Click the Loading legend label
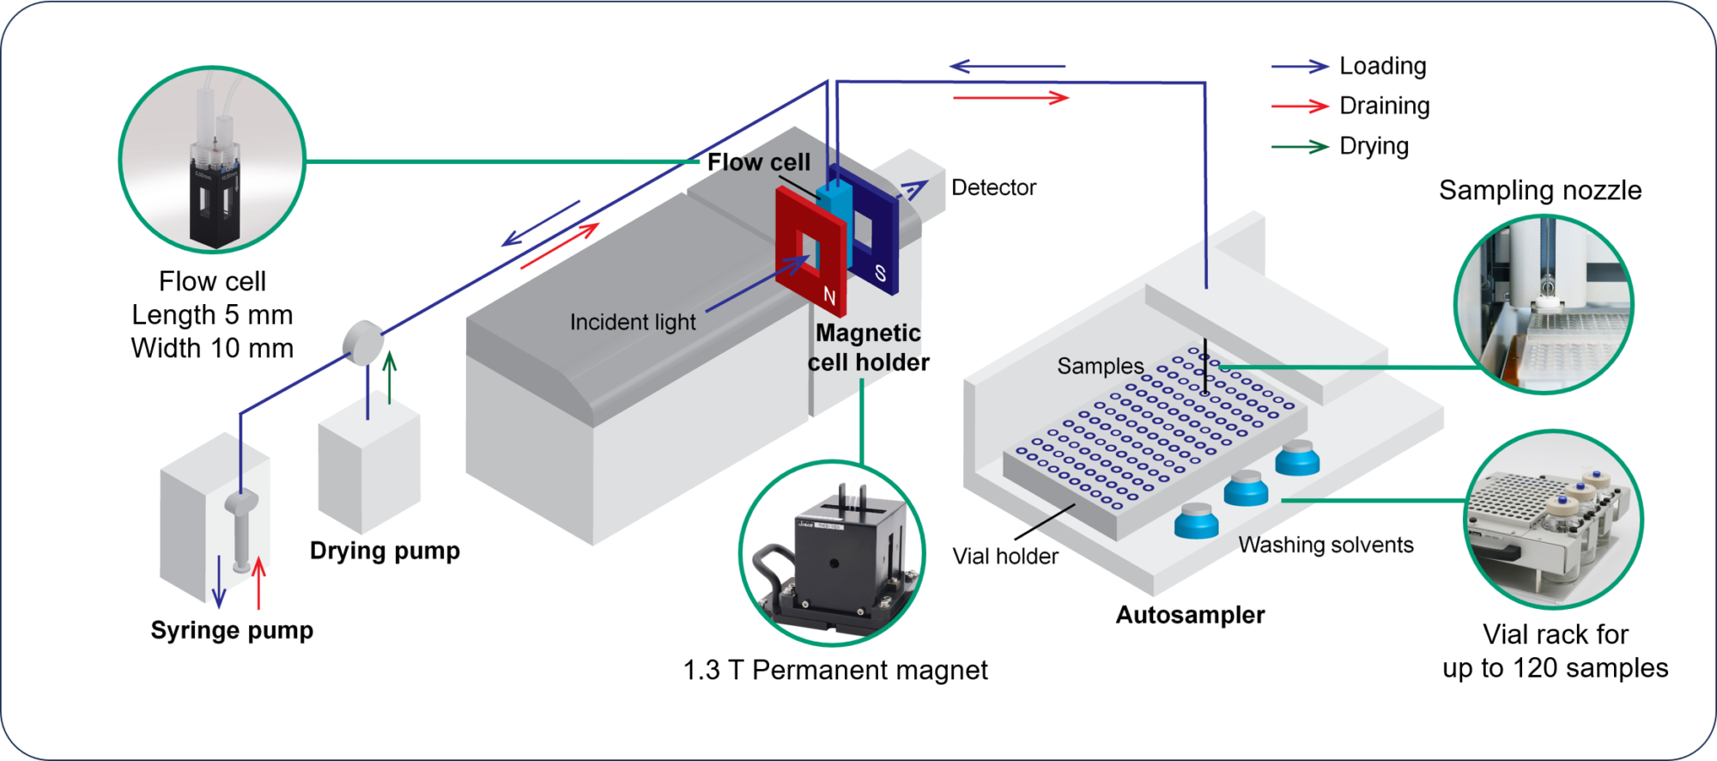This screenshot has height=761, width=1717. click(x=1382, y=66)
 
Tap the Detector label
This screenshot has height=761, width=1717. click(x=993, y=187)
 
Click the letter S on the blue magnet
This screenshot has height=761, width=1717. click(x=880, y=274)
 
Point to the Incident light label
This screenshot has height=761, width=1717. click(x=633, y=322)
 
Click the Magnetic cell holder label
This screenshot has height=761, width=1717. click(x=868, y=347)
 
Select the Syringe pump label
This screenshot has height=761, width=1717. click(x=232, y=630)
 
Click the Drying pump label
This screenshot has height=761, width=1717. click(x=385, y=550)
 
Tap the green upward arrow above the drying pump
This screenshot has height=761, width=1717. click(x=390, y=377)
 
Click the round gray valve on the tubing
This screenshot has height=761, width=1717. click(x=363, y=343)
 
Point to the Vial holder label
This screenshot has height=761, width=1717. click(x=1004, y=557)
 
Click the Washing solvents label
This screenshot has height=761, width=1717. click(x=1326, y=545)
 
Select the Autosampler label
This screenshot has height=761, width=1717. click(x=1190, y=615)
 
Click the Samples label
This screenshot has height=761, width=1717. click(x=1100, y=366)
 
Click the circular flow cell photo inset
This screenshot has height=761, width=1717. click(x=212, y=160)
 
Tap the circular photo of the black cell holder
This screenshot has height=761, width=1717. click(x=831, y=553)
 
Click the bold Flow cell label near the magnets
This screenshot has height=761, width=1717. click(x=758, y=162)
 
